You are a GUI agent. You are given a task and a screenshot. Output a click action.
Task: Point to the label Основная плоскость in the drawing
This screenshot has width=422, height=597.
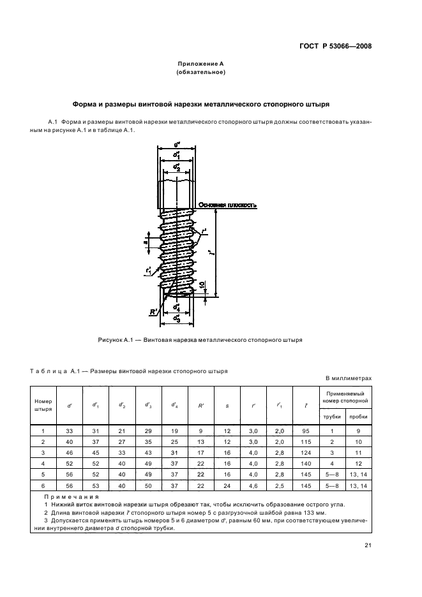point(228,205)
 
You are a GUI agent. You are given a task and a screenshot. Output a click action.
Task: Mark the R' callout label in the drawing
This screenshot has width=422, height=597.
point(154,312)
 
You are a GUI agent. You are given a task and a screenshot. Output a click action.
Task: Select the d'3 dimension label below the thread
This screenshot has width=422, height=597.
point(176,318)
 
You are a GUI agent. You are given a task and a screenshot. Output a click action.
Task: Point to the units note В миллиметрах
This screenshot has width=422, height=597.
point(348,378)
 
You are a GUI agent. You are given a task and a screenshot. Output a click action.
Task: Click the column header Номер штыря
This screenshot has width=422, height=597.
point(43,405)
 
